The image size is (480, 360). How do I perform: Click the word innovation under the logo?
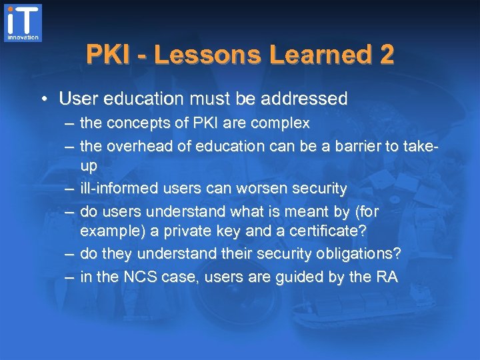(23, 38)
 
